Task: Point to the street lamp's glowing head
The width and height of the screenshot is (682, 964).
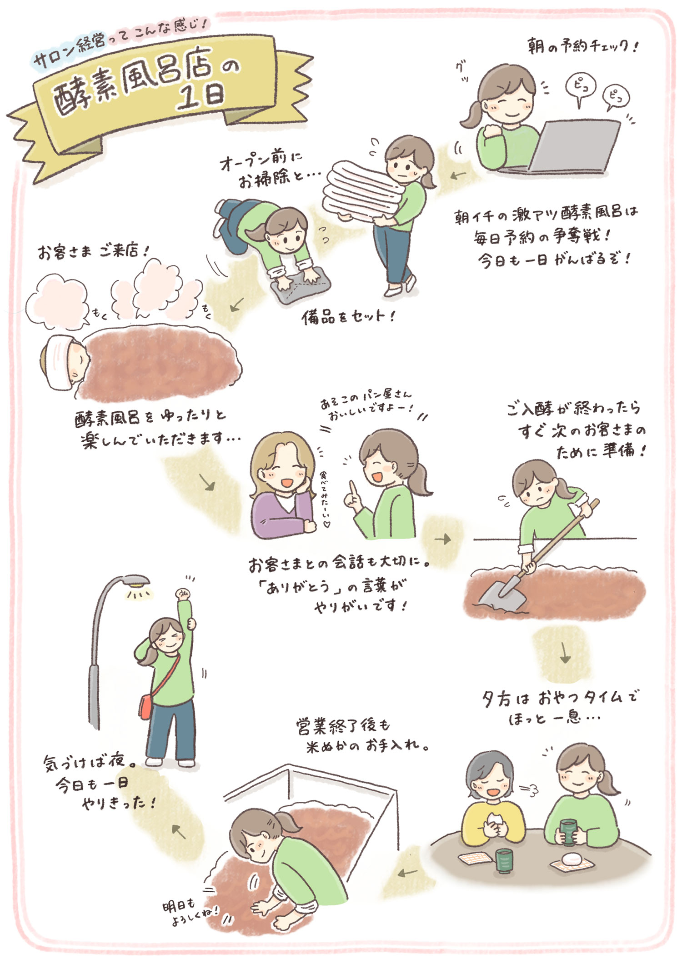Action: [136, 581]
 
